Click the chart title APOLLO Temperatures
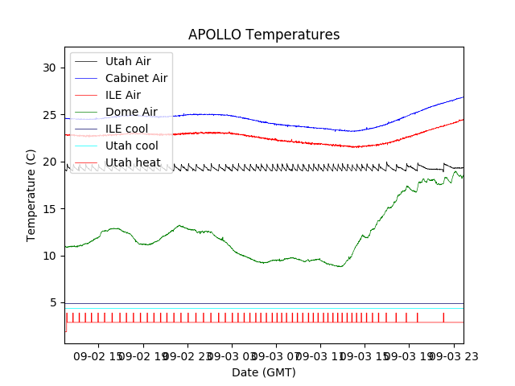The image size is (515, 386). point(264,35)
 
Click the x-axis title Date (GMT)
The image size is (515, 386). point(264,372)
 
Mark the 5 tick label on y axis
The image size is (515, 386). point(54,303)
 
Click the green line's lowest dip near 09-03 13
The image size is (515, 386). point(341,266)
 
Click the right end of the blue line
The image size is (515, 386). point(463,97)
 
